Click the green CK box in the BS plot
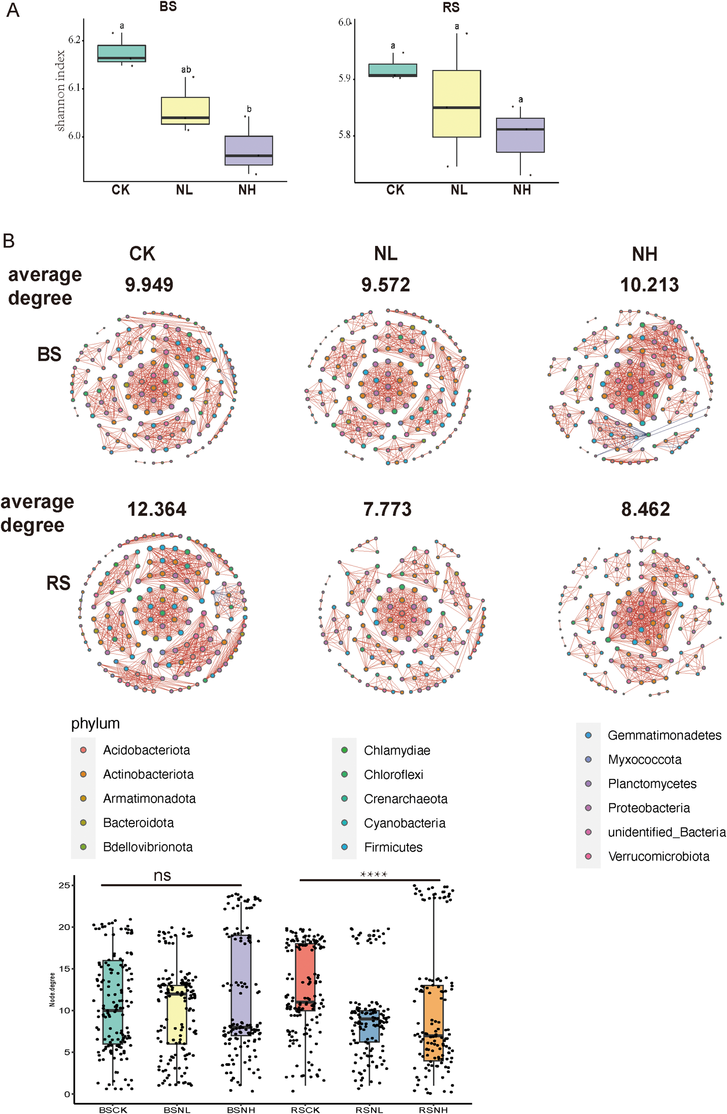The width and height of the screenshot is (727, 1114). [x=121, y=53]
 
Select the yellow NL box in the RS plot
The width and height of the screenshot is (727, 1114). [x=456, y=103]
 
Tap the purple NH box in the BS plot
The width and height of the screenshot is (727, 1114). [x=249, y=150]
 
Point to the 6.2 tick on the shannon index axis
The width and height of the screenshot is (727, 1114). [x=74, y=40]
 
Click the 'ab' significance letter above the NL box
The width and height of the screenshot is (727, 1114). [x=186, y=69]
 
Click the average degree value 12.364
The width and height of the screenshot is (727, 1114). [x=157, y=509]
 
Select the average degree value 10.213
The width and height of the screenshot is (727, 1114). [x=649, y=285]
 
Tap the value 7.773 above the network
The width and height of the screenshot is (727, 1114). [x=388, y=509]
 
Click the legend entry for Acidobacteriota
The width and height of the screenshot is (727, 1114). [x=146, y=750]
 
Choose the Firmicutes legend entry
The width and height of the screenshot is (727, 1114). [x=393, y=847]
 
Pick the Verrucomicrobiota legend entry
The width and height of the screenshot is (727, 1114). [x=658, y=856]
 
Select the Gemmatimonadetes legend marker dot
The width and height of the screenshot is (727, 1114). [x=588, y=735]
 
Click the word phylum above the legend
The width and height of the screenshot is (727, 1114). [x=95, y=724]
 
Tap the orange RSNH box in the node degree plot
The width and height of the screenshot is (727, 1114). [x=433, y=1023]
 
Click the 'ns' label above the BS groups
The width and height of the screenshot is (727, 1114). [x=162, y=875]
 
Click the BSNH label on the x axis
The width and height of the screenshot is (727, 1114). [x=241, y=1109]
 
